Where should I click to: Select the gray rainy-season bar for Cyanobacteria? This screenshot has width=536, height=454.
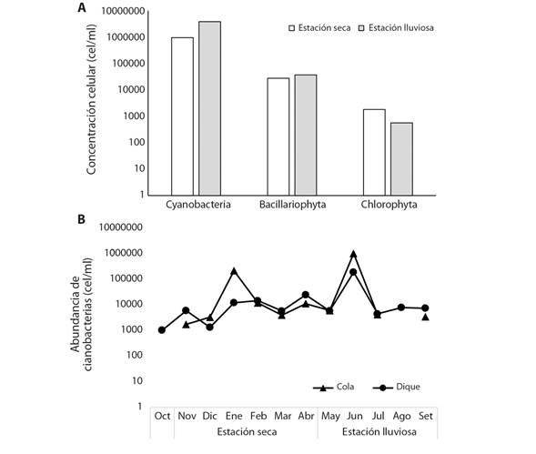coord(209,107)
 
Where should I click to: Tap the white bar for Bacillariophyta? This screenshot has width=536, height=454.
coord(278,136)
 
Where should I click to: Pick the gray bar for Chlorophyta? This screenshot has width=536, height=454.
coord(401,158)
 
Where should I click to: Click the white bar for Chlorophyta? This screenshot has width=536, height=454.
coord(374,151)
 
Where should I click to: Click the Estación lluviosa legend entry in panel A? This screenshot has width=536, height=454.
coord(401,29)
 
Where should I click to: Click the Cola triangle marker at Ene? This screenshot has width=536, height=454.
coord(234,271)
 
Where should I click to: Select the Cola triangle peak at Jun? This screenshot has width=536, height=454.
coord(353,254)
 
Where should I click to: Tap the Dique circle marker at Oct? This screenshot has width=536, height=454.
coord(162,330)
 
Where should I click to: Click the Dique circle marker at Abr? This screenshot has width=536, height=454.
coord(306,295)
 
